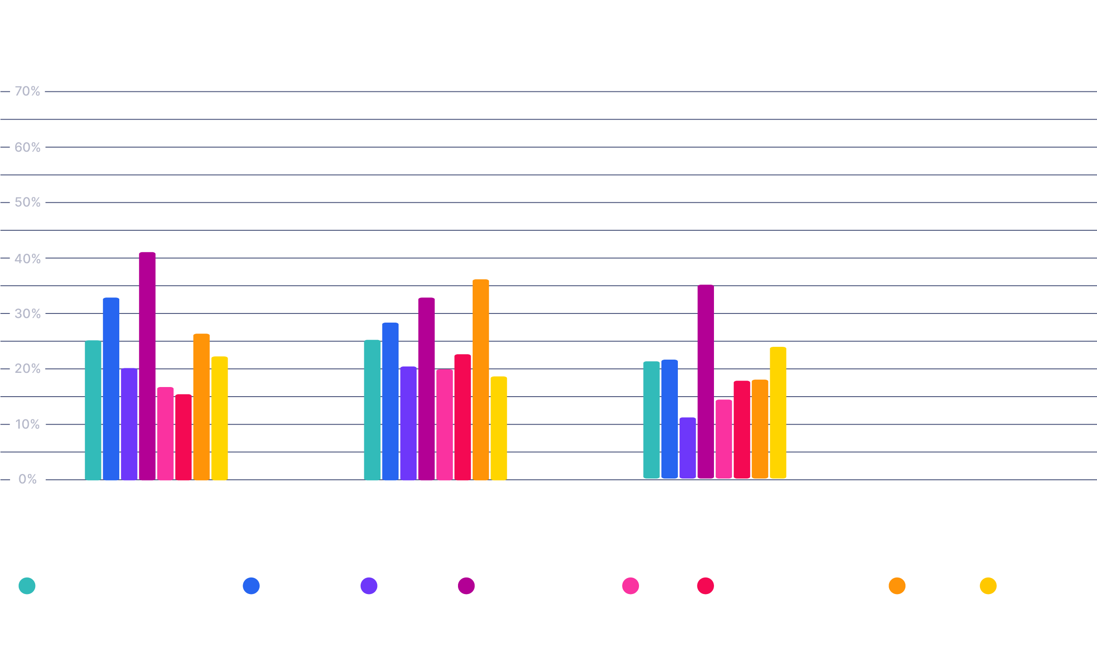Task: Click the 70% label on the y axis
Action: pyautogui.click(x=27, y=91)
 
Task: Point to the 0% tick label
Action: pyautogui.click(x=27, y=479)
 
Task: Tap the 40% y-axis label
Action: pyautogui.click(x=27, y=259)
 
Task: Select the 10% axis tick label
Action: pyautogui.click(x=27, y=424)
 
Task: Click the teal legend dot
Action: pyautogui.click(x=27, y=586)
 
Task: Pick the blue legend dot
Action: pyautogui.click(x=251, y=586)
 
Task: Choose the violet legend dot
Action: pyautogui.click(x=369, y=586)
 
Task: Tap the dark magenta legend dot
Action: pyautogui.click(x=466, y=586)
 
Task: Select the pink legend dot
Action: pyautogui.click(x=630, y=586)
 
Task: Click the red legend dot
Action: pyautogui.click(x=705, y=586)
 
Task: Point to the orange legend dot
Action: pyautogui.click(x=897, y=586)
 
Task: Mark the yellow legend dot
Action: pyautogui.click(x=988, y=586)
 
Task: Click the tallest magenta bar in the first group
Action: pyautogui.click(x=147, y=366)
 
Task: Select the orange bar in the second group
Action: pyautogui.click(x=481, y=379)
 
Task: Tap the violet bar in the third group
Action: pyautogui.click(x=687, y=448)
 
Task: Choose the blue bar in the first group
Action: pyautogui.click(x=111, y=388)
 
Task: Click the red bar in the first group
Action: pyautogui.click(x=183, y=437)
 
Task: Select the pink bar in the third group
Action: pyautogui.click(x=724, y=439)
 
